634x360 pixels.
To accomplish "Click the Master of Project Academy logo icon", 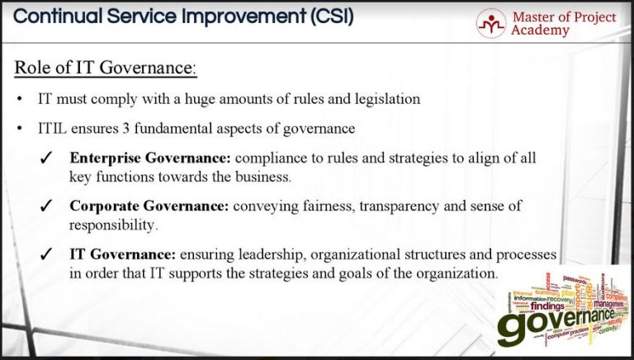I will click(x=491, y=23).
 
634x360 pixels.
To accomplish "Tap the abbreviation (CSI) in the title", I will click(x=325, y=16).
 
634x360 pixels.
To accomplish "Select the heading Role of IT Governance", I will click(x=106, y=68).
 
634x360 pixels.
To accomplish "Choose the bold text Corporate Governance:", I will click(x=149, y=206).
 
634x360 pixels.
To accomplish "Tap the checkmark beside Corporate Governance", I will click(x=46, y=206).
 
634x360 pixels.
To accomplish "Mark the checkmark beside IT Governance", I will click(x=46, y=255).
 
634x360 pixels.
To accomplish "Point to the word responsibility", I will click(x=113, y=224).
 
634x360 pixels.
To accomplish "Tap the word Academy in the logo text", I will click(x=540, y=31).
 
